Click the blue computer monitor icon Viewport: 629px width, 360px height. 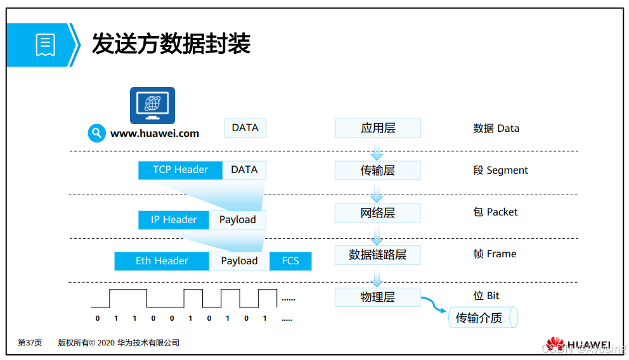point(152,105)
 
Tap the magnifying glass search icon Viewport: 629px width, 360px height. point(96,133)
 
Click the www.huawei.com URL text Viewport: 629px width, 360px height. point(155,134)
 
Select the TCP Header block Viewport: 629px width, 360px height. point(180,170)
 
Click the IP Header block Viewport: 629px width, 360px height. point(173,220)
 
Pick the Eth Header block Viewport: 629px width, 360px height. point(162,261)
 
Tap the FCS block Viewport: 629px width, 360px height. point(290,261)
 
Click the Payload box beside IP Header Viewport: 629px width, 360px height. point(238,220)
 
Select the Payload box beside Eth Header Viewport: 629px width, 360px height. point(239,261)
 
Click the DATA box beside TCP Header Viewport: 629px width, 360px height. point(245,170)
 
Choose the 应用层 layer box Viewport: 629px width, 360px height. point(378,128)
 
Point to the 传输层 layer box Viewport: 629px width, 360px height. point(378,170)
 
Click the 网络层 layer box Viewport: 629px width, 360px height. point(378,213)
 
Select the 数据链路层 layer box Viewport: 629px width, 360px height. point(378,255)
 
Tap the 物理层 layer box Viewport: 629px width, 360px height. point(378,297)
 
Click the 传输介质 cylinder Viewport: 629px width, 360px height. point(483,318)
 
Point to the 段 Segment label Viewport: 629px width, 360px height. point(500,170)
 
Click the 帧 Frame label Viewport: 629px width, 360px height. point(495,254)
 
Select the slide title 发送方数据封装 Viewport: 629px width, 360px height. point(171,44)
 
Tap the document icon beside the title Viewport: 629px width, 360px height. point(45,45)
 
